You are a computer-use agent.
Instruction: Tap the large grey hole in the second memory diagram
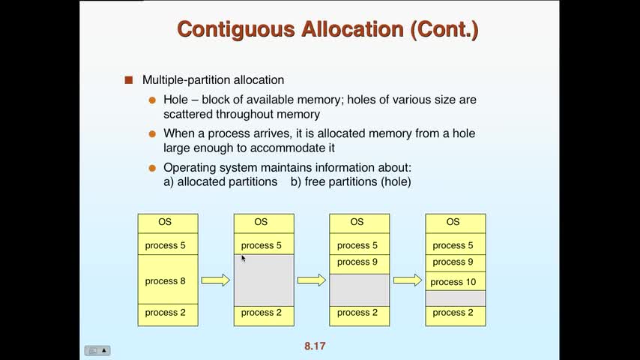(263, 280)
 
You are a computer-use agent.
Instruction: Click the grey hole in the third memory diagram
(359, 289)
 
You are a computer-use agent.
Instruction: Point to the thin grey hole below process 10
(455, 298)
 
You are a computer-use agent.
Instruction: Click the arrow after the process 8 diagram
(216, 280)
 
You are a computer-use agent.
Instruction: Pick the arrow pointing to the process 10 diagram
(408, 280)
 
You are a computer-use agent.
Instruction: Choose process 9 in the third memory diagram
(359, 262)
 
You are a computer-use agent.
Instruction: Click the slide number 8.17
(315, 346)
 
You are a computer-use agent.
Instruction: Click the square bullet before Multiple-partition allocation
(128, 79)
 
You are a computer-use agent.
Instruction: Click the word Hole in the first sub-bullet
(176, 100)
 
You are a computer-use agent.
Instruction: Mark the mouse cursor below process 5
(244, 258)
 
